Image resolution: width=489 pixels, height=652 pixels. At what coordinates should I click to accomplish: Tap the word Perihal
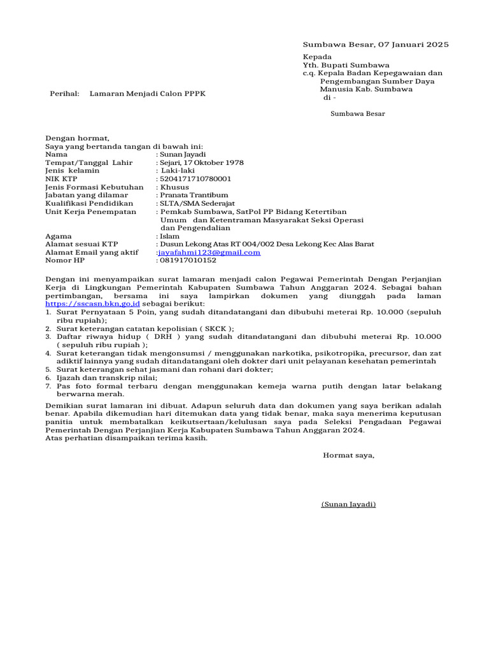[64, 94]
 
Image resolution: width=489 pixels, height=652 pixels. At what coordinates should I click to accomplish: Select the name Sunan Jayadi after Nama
[185, 154]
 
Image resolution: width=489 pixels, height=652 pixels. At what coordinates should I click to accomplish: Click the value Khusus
[174, 187]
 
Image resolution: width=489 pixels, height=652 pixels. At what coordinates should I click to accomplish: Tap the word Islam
[170, 236]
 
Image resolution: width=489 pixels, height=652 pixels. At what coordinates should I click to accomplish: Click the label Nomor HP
[64, 260]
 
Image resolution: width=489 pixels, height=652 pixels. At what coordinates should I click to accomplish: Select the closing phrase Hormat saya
[349, 455]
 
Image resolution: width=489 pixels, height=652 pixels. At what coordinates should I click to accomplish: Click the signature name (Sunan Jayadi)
[348, 504]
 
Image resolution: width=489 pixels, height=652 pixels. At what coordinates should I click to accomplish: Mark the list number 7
[48, 386]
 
